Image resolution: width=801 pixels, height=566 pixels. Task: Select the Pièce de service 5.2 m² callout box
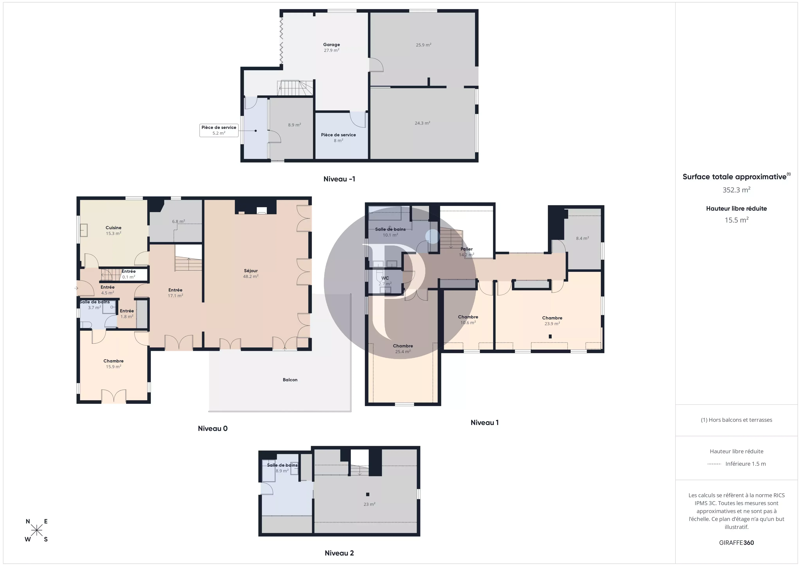coord(219,130)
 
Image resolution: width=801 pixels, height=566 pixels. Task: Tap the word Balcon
coord(290,380)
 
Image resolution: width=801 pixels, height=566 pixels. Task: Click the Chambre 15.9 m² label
coord(113,364)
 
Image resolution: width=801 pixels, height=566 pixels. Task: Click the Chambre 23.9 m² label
coord(552,321)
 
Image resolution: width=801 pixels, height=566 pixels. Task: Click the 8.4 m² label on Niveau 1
coord(582,238)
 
